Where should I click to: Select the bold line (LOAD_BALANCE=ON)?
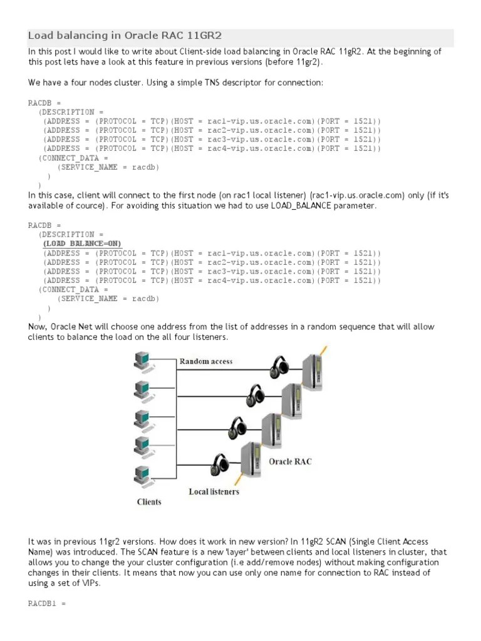point(82,244)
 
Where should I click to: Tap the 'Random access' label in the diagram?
point(206,361)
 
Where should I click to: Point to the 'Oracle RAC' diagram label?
point(290,461)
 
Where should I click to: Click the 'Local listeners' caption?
point(214,491)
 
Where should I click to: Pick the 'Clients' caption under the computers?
point(149,501)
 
